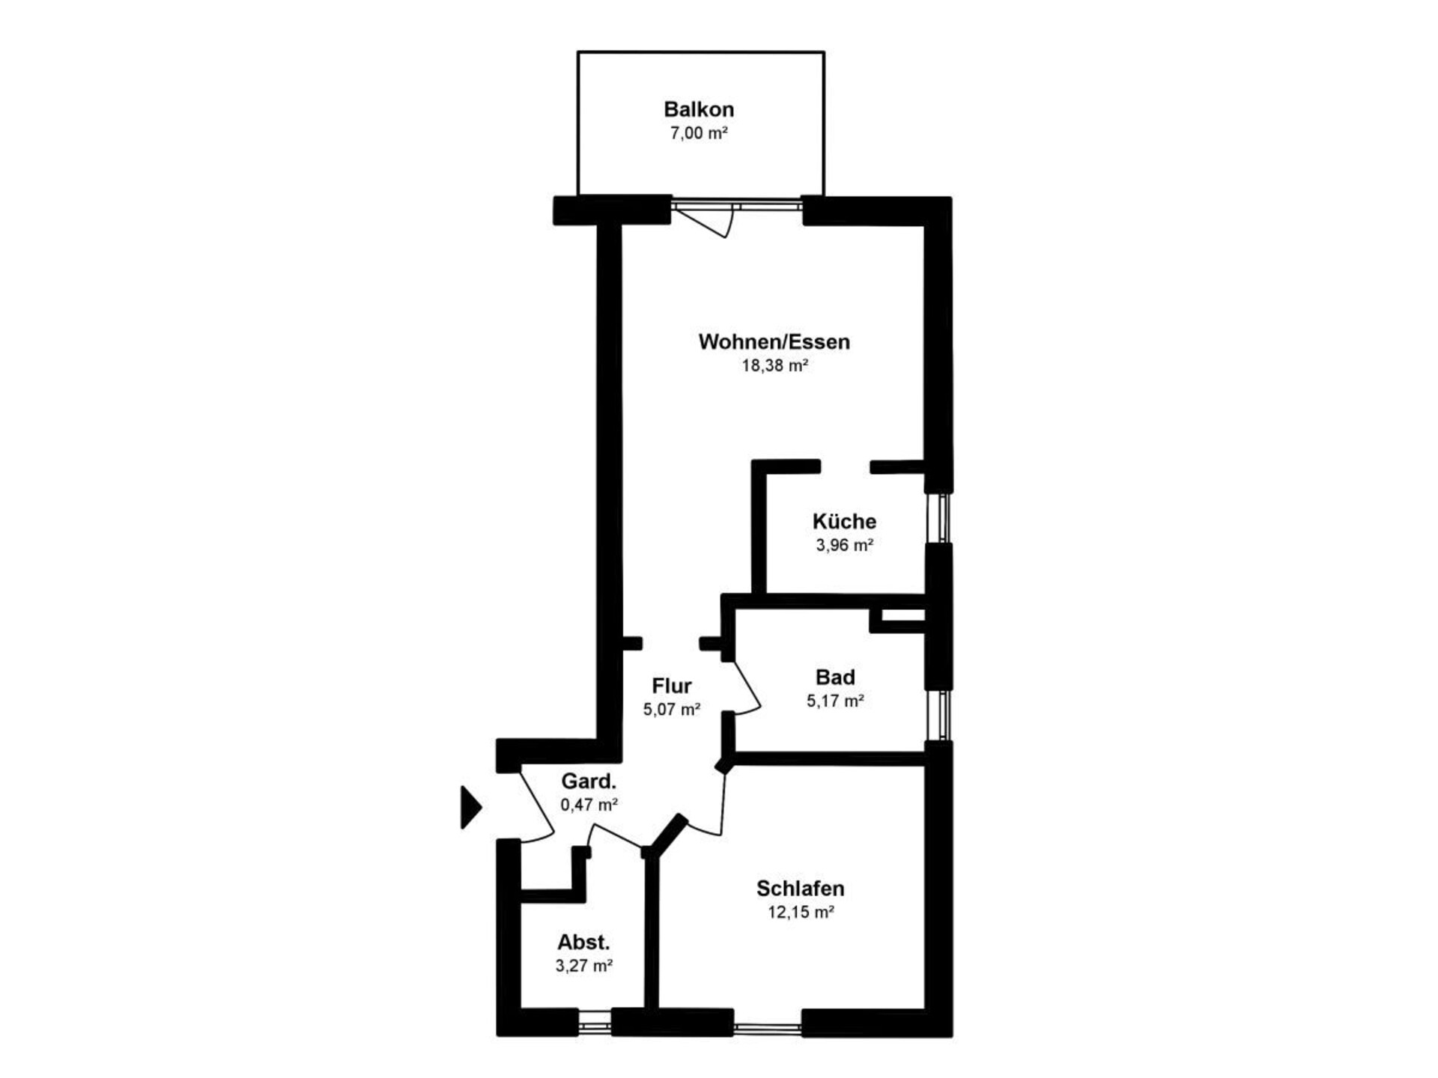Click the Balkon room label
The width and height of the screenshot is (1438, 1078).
coord(699,109)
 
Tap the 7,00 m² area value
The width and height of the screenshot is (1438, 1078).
coord(699,133)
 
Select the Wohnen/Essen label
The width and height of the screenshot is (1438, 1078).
coord(774,342)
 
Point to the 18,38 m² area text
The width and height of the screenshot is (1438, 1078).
coord(774,365)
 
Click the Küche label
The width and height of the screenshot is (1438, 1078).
coord(844,521)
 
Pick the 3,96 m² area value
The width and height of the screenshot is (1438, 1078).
coord(844,545)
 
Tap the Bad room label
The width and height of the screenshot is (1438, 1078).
coord(835,677)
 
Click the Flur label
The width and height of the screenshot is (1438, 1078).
coord(671,686)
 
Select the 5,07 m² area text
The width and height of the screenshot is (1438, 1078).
coord(671,709)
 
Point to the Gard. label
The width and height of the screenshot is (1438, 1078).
coord(589,782)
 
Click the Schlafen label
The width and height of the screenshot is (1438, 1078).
coord(800,889)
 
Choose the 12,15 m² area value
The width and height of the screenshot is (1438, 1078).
coord(800,912)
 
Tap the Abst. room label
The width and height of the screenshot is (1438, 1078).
coord(583,943)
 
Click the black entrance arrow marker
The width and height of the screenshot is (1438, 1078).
coord(470,807)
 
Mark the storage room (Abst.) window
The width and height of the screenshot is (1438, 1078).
coord(595,1022)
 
